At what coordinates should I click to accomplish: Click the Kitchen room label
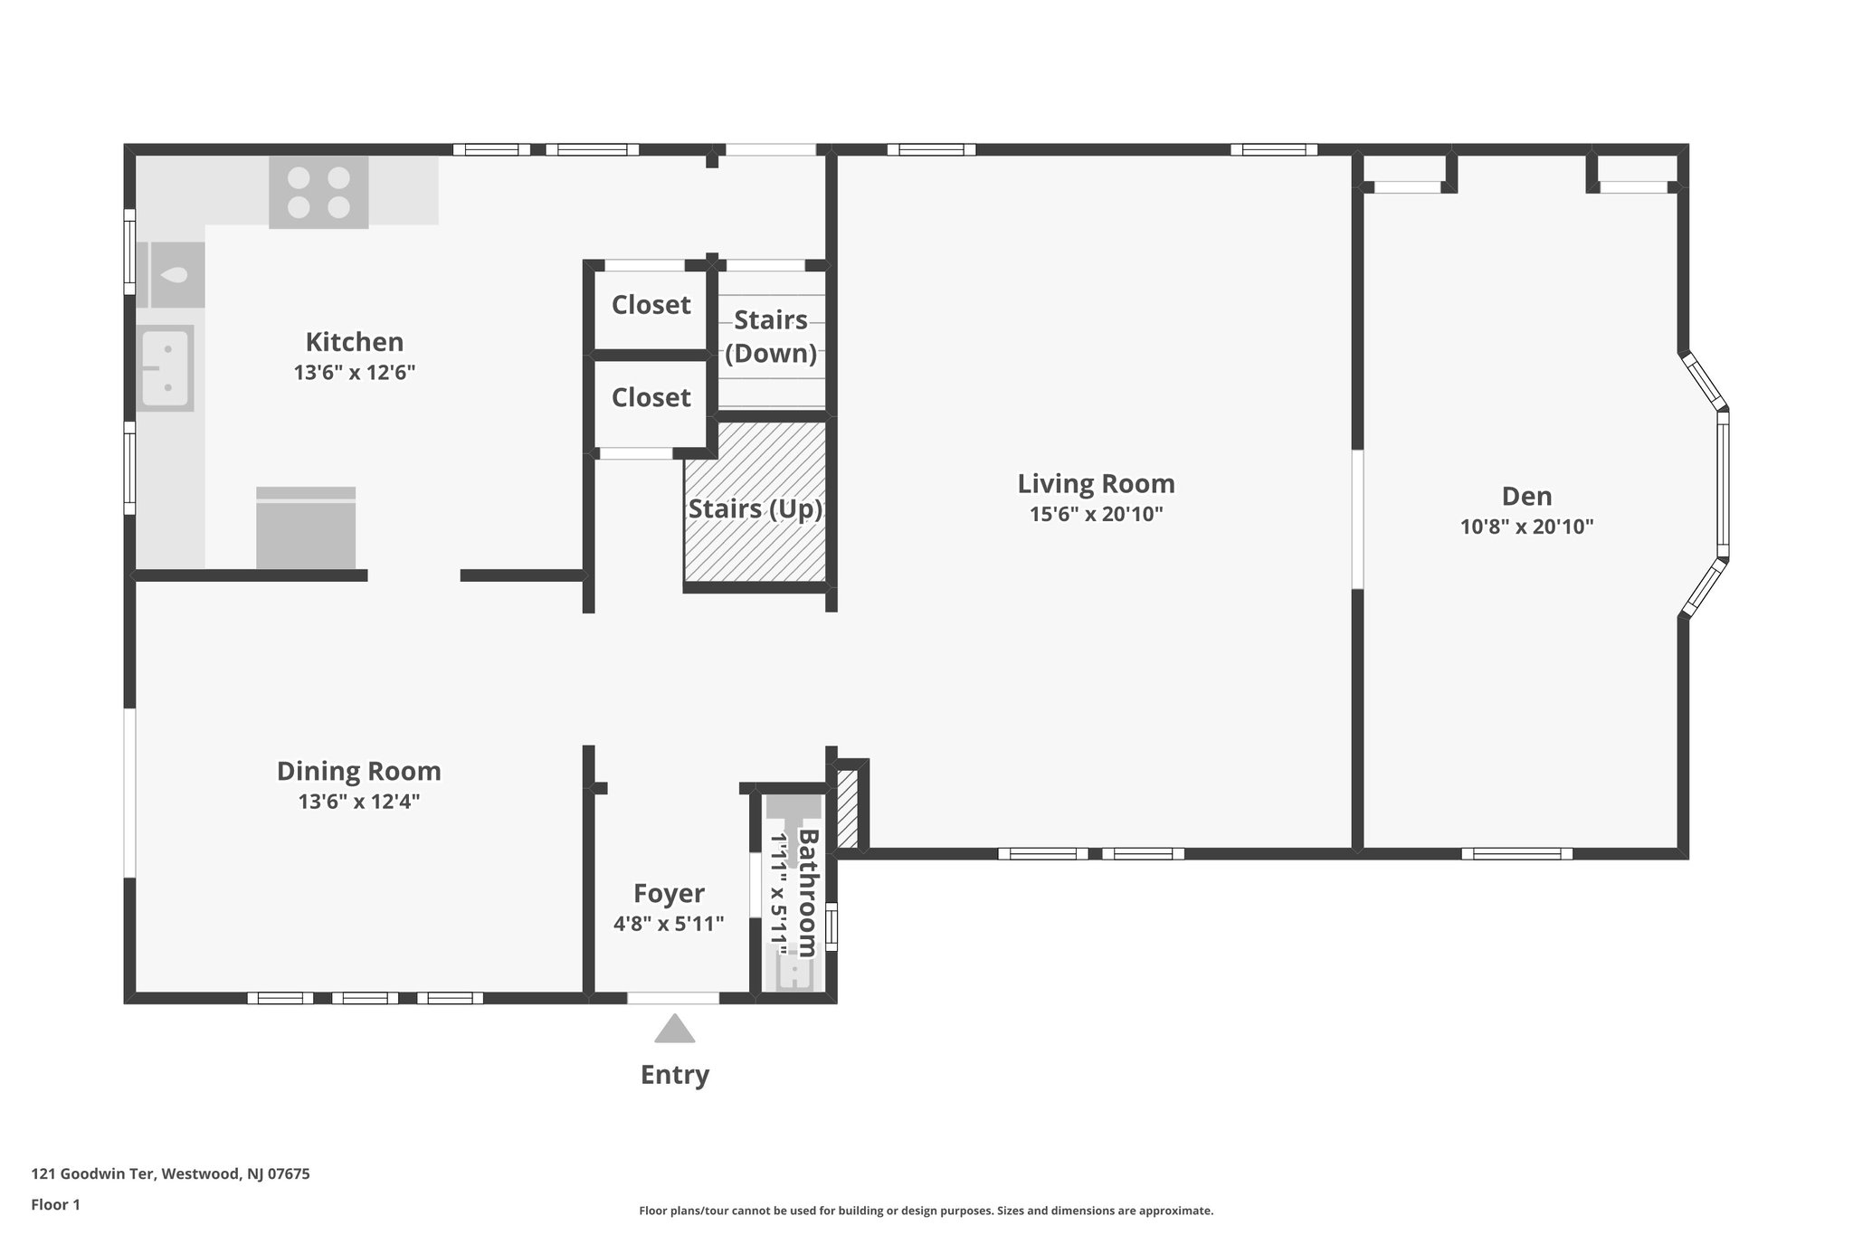click(354, 342)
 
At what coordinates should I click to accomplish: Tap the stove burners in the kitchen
click(318, 192)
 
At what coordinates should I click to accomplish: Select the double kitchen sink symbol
click(166, 368)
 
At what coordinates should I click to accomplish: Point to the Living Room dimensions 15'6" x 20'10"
click(1096, 514)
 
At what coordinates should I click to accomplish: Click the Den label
click(1526, 496)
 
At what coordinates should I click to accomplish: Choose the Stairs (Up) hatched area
click(755, 543)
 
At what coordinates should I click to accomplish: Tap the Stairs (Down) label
click(771, 337)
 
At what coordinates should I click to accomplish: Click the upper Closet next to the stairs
click(651, 306)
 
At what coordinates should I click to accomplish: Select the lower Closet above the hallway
click(651, 398)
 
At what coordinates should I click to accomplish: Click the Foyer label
click(669, 894)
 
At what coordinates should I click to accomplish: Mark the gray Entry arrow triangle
click(674, 1030)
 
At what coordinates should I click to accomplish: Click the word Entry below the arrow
click(674, 1075)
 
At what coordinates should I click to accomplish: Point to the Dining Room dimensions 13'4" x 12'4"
click(359, 802)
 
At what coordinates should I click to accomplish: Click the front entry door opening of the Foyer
click(673, 998)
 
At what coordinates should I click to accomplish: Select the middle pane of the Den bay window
click(1723, 484)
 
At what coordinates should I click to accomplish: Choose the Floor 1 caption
click(55, 1205)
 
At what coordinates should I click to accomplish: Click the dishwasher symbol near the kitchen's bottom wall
click(306, 529)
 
